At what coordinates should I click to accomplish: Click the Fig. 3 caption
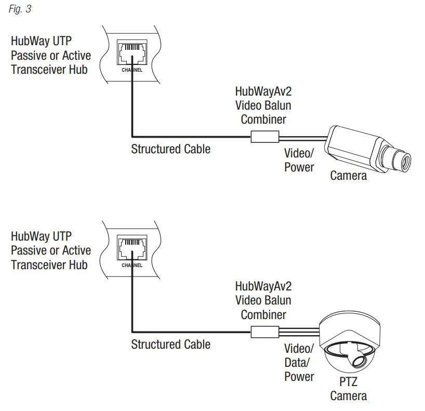click(20, 10)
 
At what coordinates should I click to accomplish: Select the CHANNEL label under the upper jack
click(131, 70)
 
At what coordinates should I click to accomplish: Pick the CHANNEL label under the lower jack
click(131, 265)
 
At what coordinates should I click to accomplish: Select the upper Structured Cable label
click(170, 149)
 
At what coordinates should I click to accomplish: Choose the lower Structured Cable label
click(170, 344)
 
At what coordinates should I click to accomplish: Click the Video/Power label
click(299, 160)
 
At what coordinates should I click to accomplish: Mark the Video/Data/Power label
click(299, 362)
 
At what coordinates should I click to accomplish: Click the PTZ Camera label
click(348, 389)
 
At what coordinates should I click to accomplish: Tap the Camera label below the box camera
click(348, 176)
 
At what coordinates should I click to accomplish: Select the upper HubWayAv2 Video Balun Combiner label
click(263, 105)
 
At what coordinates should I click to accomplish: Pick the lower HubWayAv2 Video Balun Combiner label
click(263, 300)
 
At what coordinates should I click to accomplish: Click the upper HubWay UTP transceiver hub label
click(50, 55)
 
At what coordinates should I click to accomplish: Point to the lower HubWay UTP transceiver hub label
click(50, 250)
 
